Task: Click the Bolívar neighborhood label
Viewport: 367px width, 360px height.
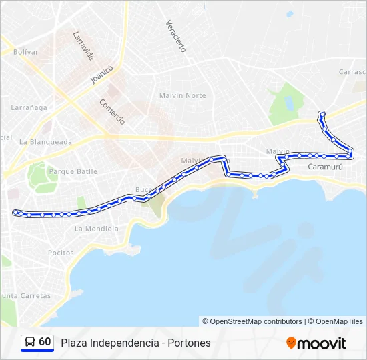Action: coord(26,51)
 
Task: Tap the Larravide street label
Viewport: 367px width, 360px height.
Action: coord(83,46)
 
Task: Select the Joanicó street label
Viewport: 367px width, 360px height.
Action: coord(103,75)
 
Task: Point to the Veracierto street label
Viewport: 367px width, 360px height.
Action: coord(175,36)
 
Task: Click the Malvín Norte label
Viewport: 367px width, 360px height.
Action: coord(182,95)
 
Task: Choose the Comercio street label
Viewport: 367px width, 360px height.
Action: coord(112,111)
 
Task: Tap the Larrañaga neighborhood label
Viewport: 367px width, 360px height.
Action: coord(29,107)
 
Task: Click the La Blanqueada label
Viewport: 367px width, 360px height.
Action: coord(45,141)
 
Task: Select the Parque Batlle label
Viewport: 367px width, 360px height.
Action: coord(73,171)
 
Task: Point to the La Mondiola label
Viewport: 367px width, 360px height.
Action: coord(96,229)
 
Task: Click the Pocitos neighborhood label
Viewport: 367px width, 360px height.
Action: coord(61,253)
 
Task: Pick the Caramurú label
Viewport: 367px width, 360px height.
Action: coord(325,167)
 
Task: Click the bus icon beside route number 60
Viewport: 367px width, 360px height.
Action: coord(30,342)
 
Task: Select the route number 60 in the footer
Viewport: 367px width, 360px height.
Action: coord(45,342)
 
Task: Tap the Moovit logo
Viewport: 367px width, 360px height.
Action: coord(316,343)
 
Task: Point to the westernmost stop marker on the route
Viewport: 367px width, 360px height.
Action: coord(16,212)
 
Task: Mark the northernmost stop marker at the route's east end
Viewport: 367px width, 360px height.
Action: coord(322,114)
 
